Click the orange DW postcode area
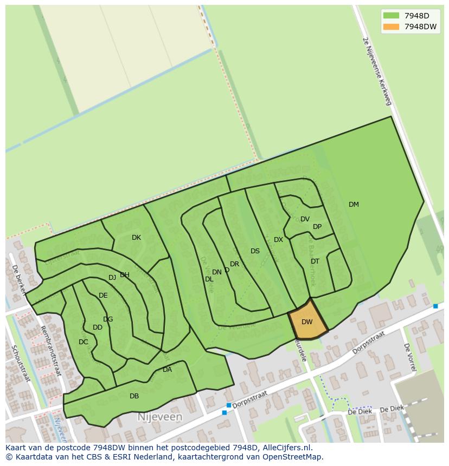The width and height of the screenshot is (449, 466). pyautogui.click(x=307, y=323)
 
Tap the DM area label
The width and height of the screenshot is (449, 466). pyautogui.click(x=354, y=205)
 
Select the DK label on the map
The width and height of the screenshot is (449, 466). pyautogui.click(x=136, y=238)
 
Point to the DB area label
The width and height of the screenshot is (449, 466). pyautogui.click(x=134, y=396)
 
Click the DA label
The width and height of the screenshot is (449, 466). pyautogui.click(x=167, y=370)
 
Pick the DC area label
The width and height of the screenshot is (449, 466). pyautogui.click(x=83, y=342)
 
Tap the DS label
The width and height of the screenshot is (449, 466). pyautogui.click(x=255, y=251)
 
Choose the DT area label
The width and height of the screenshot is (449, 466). pyautogui.click(x=315, y=261)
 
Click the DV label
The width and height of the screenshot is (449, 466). pyautogui.click(x=305, y=219)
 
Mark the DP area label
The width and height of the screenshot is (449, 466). pyautogui.click(x=317, y=227)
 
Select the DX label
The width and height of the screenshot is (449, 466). pyautogui.click(x=278, y=240)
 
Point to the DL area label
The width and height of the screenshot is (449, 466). pyautogui.click(x=209, y=279)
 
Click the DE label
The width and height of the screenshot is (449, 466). pyautogui.click(x=103, y=296)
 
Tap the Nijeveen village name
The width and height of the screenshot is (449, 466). pyautogui.click(x=160, y=417)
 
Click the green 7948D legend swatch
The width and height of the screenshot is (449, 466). pyautogui.click(x=391, y=16)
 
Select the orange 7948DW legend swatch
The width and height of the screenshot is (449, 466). pyautogui.click(x=391, y=27)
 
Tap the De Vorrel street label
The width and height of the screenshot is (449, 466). pyautogui.click(x=409, y=357)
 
